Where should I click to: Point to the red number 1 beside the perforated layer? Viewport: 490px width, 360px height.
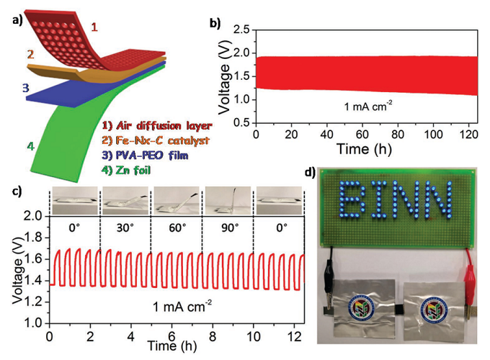coord(94,28)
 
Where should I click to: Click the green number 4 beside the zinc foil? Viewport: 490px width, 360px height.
coord(30,146)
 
